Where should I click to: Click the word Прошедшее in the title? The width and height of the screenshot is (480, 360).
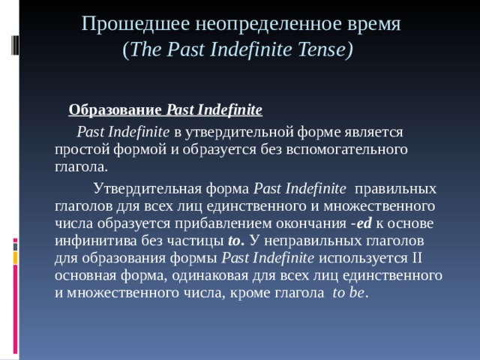124,23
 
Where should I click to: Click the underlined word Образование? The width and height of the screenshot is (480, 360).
115,111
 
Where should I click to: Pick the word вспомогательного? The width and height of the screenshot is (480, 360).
350,148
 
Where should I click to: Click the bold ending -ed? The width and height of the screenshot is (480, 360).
364,223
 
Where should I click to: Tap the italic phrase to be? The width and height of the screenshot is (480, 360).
347,292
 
